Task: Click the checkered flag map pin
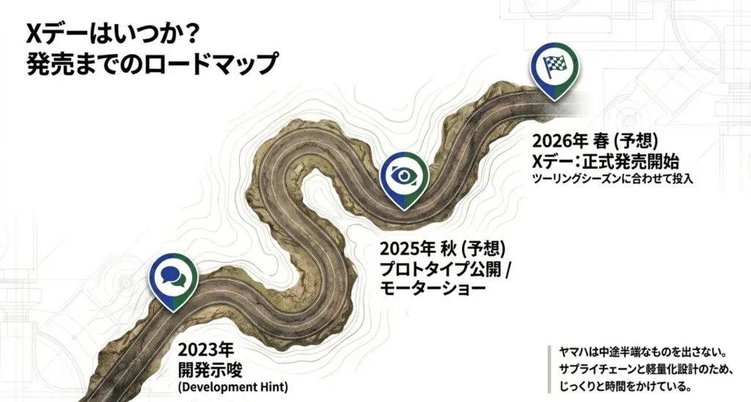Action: [554, 67]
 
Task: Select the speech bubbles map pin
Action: [174, 277]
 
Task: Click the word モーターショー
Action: [432, 289]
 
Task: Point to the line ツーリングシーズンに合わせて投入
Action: [612, 178]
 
